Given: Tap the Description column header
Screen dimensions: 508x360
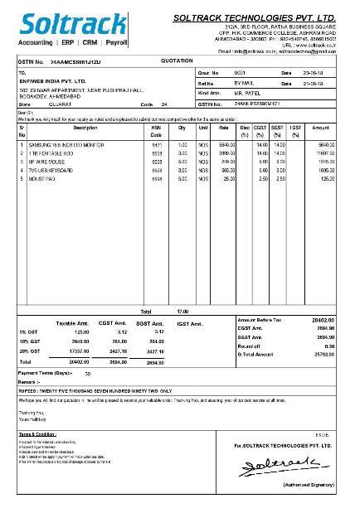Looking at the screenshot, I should [85, 128].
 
